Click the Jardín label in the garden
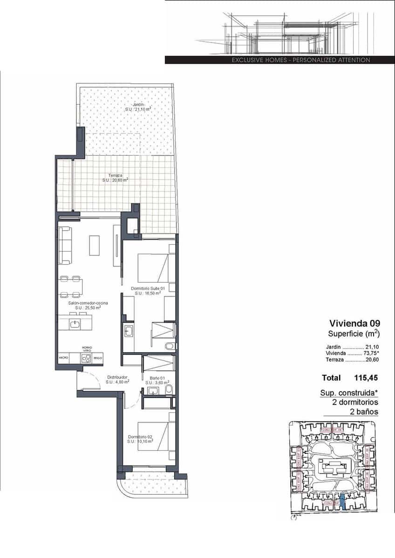coord(137,105)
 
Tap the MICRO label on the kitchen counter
coord(64,358)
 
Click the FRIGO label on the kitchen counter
coord(97,358)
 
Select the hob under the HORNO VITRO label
coord(85,358)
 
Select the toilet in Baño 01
coord(170,390)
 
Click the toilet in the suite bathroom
coord(170,346)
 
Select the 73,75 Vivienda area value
coord(371,353)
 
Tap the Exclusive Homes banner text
coord(301,60)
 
